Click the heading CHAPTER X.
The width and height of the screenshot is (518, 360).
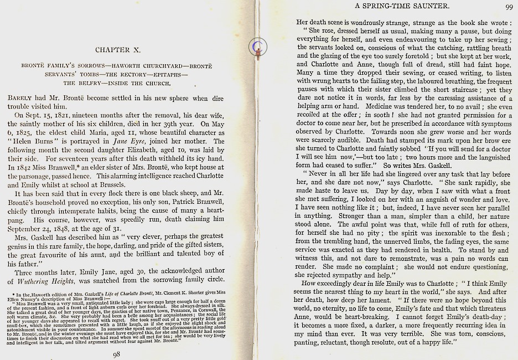coord(120,50)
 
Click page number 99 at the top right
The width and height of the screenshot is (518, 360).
coord(509,7)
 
